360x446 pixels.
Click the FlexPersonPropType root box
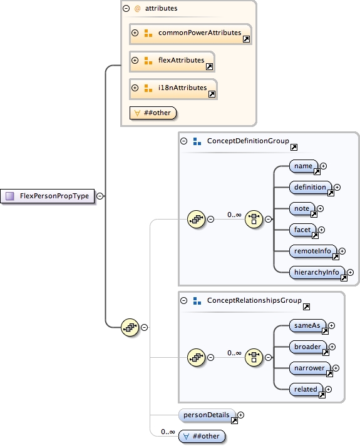click(48, 196)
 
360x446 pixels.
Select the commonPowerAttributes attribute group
click(190, 33)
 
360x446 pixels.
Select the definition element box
click(311, 187)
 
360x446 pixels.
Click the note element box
click(302, 208)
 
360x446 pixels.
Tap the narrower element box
click(311, 368)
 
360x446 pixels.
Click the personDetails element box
click(207, 414)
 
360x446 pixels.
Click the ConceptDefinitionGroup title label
click(247, 141)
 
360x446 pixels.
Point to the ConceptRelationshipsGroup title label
click(254, 301)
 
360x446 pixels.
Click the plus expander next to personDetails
click(240, 414)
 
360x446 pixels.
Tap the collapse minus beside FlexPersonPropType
click(100, 196)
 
